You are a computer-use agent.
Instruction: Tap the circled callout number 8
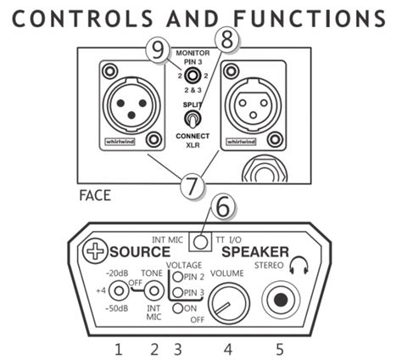tap(226, 37)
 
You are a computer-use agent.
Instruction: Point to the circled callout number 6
tap(222, 206)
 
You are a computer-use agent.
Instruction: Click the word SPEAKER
tap(254, 252)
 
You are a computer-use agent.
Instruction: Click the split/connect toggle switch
tap(195, 119)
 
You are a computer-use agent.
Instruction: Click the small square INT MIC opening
tap(199, 240)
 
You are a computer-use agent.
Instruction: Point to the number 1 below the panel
tap(119, 347)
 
